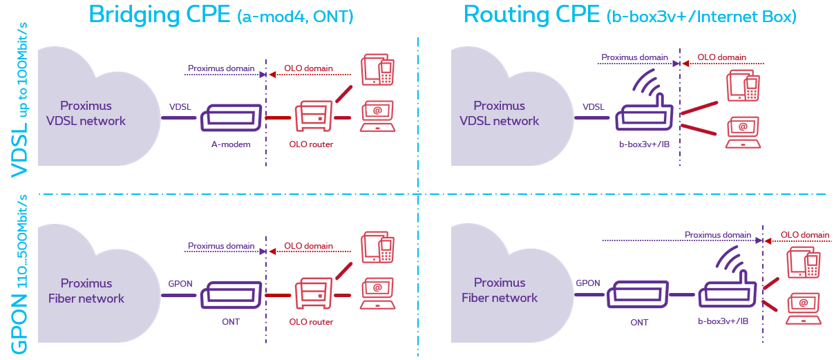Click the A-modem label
pyautogui.click(x=230, y=144)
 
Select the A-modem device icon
pyautogui.click(x=231, y=118)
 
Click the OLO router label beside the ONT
pyautogui.click(x=311, y=322)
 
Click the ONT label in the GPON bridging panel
pyautogui.click(x=231, y=322)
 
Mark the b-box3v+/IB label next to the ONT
pyautogui.click(x=723, y=322)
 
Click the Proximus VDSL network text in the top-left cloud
pyautogui.click(x=86, y=113)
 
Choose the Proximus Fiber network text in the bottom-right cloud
pyautogui.click(x=500, y=290)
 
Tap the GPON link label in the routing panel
pyautogui.click(x=588, y=283)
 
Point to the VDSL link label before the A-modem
pyautogui.click(x=180, y=107)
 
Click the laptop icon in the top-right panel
pyautogui.click(x=743, y=133)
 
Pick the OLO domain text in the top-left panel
pyautogui.click(x=308, y=69)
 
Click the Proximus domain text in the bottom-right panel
pyautogui.click(x=717, y=235)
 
